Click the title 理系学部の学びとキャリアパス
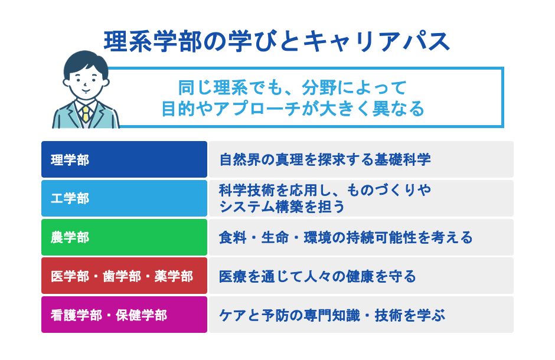[x=277, y=42]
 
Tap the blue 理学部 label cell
[x=124, y=159]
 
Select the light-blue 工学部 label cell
[x=124, y=198]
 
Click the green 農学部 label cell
[x=124, y=237]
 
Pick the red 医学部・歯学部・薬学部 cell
[x=124, y=276]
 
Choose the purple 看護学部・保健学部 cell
[x=124, y=315]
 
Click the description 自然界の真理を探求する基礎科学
[x=325, y=159]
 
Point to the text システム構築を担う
[x=282, y=207]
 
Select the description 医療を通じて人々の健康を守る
[x=318, y=276]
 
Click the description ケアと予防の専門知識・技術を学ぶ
[x=331, y=315]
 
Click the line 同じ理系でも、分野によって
[x=293, y=88]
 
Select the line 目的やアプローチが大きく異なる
[x=293, y=109]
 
